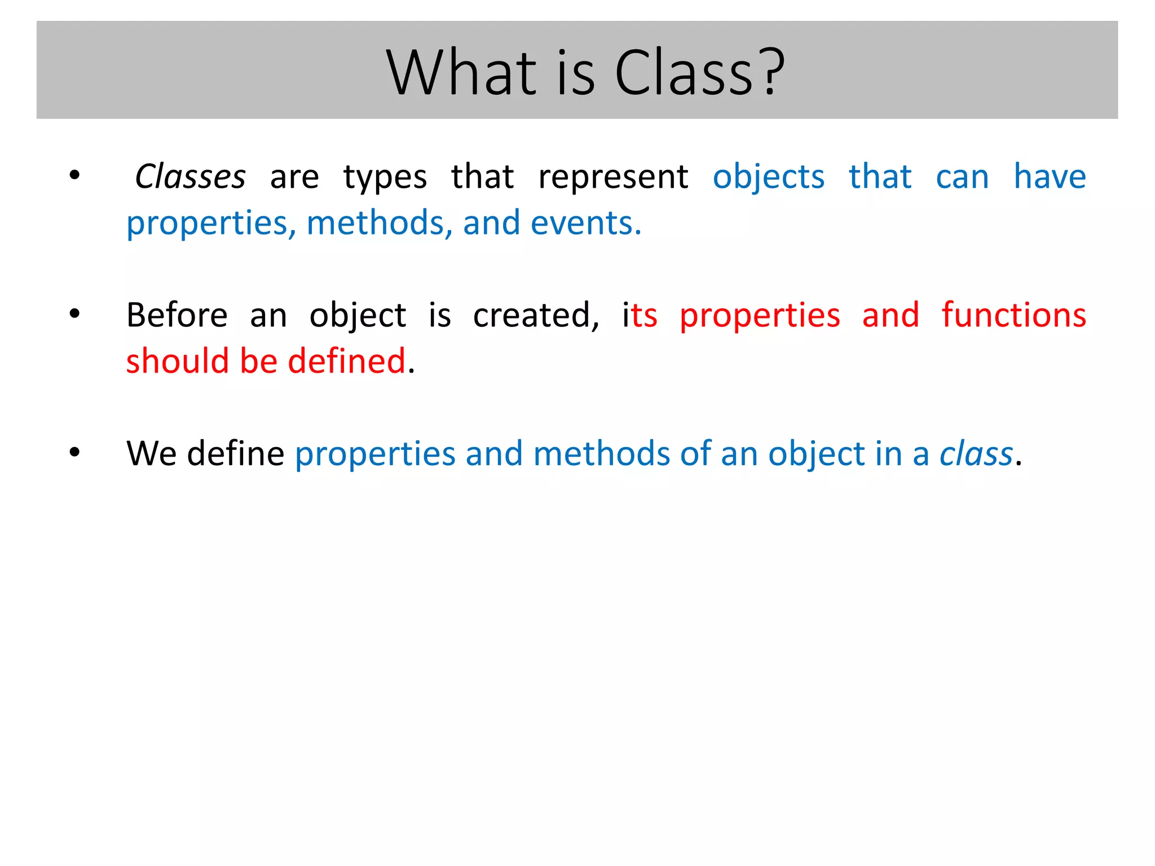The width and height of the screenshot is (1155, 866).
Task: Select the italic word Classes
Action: click(x=190, y=177)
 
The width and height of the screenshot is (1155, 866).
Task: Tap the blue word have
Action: click(x=1050, y=177)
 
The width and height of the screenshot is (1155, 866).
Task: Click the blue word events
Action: click(x=585, y=223)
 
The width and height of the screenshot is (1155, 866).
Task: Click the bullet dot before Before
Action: click(x=74, y=314)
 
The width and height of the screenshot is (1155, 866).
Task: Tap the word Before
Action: click(x=177, y=315)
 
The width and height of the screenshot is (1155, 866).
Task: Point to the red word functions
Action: click(x=1013, y=315)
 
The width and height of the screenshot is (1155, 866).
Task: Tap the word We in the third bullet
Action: click(x=151, y=454)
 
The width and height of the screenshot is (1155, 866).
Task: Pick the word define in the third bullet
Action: click(x=235, y=454)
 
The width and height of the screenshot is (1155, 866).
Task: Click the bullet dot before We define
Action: click(x=74, y=452)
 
